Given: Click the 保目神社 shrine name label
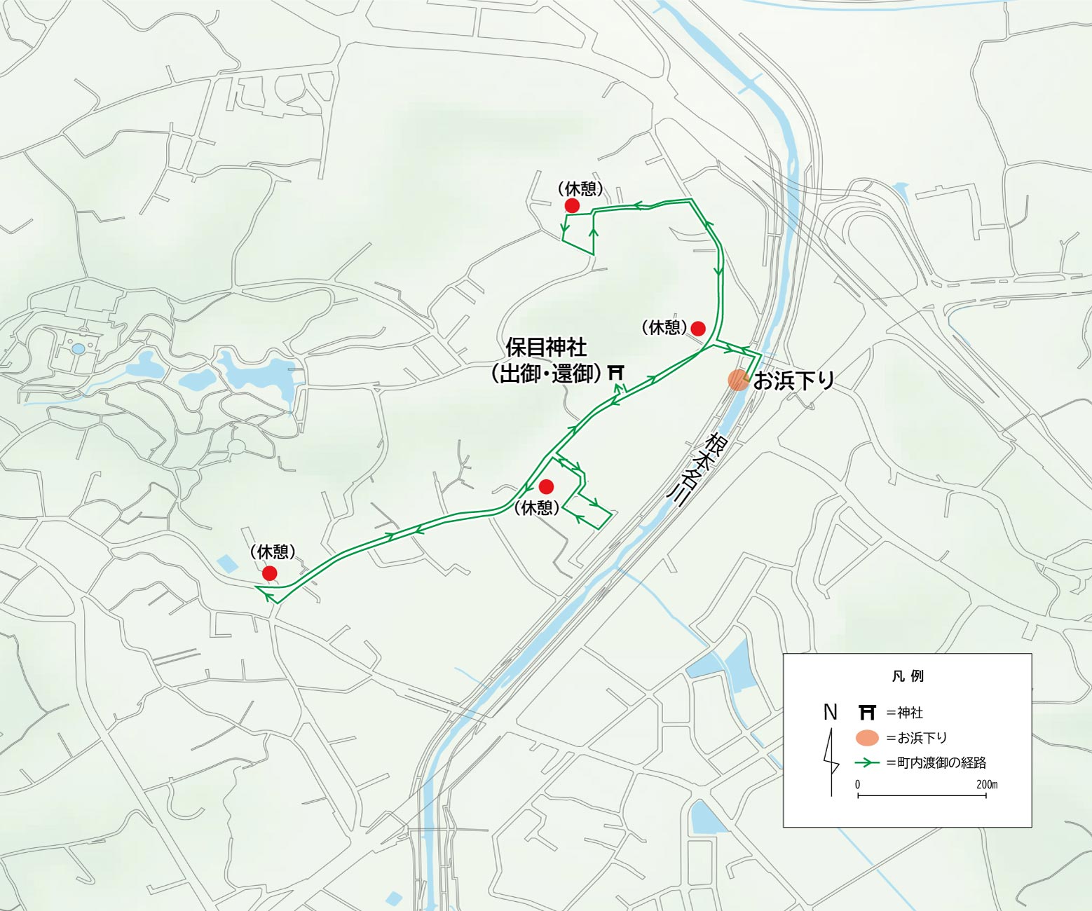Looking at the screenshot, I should pyautogui.click(x=546, y=348).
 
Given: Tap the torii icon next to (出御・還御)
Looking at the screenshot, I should pyautogui.click(x=616, y=372).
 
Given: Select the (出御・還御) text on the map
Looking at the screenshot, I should pyautogui.click(x=546, y=374).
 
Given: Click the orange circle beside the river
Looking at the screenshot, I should pyautogui.click(x=738, y=380).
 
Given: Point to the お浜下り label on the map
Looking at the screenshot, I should pyautogui.click(x=793, y=381).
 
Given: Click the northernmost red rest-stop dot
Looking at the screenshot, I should pyautogui.click(x=572, y=205).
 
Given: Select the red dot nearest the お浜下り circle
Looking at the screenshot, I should pyautogui.click(x=697, y=328).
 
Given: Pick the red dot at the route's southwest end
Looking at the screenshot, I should pyautogui.click(x=269, y=574).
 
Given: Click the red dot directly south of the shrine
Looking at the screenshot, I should pyautogui.click(x=546, y=486).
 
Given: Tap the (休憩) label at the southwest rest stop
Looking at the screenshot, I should pyautogui.click(x=273, y=552).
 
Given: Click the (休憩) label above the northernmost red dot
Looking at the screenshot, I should pyautogui.click(x=580, y=189).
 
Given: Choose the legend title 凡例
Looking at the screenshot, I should pyautogui.click(x=908, y=676).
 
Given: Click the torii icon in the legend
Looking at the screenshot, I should pyautogui.click(x=867, y=713).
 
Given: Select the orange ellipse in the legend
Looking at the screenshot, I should pyautogui.click(x=867, y=738).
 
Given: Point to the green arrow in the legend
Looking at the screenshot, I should pyautogui.click(x=867, y=762).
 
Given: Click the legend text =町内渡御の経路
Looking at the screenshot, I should pyautogui.click(x=936, y=762).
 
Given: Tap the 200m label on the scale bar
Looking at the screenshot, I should pyautogui.click(x=986, y=784).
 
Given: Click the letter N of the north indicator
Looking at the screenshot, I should pyautogui.click(x=831, y=712).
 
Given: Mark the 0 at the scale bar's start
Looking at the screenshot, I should pyautogui.click(x=857, y=784).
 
